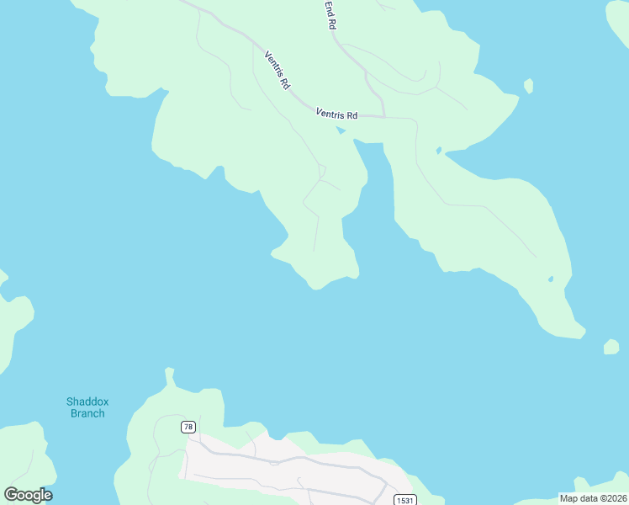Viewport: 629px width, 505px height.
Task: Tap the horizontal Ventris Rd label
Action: tap(337, 114)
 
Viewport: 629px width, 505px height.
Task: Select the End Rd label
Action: tap(330, 15)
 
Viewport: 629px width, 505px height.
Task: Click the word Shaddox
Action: tap(87, 401)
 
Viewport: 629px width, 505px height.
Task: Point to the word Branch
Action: tap(87, 413)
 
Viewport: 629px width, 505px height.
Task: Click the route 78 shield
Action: tap(188, 427)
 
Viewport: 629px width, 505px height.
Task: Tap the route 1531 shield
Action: tap(404, 500)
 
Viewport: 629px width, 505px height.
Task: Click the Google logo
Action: tap(28, 495)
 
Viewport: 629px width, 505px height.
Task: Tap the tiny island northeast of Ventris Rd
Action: tap(528, 85)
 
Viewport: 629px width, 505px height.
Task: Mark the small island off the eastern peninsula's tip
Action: tap(611, 347)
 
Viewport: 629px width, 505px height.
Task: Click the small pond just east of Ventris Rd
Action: tap(438, 151)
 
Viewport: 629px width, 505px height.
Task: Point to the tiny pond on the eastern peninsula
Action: tap(551, 279)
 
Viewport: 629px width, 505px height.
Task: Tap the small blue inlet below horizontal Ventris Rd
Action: tap(341, 130)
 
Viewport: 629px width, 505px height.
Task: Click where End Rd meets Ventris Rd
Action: tap(383, 116)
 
